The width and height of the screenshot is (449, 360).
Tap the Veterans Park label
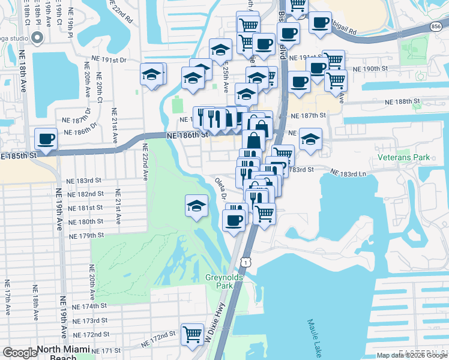(x=404, y=157)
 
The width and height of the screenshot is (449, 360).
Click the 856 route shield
(x=442, y=28)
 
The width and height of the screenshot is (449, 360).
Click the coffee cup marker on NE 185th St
(x=46, y=139)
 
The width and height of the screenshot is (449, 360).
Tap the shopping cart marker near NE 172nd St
(x=192, y=334)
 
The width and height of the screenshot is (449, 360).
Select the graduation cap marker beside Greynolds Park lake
(x=196, y=206)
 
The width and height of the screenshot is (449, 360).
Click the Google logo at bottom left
(x=20, y=353)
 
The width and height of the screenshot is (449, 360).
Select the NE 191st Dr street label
(x=110, y=60)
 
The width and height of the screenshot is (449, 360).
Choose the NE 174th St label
(x=88, y=306)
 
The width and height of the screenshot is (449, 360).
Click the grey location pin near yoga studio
(x=37, y=38)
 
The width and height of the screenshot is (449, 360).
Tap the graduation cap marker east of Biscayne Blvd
(x=310, y=139)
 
